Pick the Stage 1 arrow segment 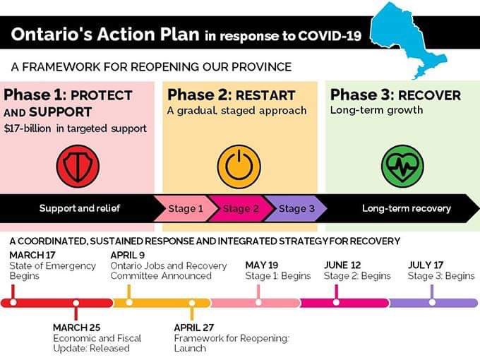(x=185, y=209)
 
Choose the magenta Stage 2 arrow (x=241, y=209)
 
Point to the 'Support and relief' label (x=80, y=209)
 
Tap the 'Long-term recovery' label (x=406, y=209)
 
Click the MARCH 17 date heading (x=32, y=255)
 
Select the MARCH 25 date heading (x=76, y=328)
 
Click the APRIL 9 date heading (x=127, y=255)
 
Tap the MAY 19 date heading (x=263, y=265)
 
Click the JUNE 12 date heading (x=342, y=265)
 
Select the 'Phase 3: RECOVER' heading (x=395, y=95)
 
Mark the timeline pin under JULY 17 (x=431, y=292)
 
